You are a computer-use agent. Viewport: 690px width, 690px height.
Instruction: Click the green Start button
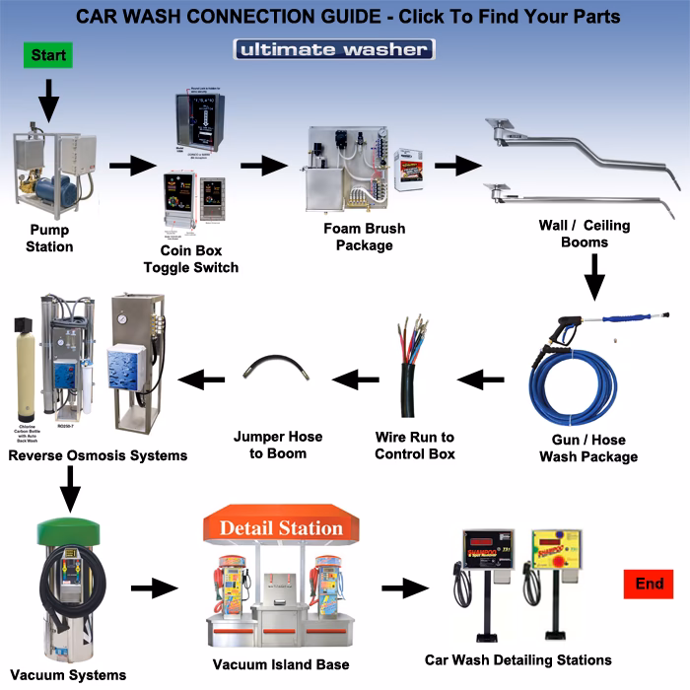click(x=48, y=55)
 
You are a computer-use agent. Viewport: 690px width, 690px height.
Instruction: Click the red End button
click(x=649, y=585)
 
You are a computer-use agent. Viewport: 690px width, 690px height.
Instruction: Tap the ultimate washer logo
click(x=333, y=49)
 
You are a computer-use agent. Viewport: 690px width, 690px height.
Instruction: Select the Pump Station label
click(x=49, y=240)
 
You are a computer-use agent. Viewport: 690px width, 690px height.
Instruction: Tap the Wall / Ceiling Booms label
click(x=584, y=234)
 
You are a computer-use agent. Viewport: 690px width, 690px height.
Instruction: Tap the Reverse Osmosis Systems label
click(x=98, y=455)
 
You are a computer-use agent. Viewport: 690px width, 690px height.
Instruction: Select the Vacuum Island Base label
click(x=280, y=665)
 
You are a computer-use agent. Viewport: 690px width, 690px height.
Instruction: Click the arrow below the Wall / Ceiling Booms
click(x=593, y=277)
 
